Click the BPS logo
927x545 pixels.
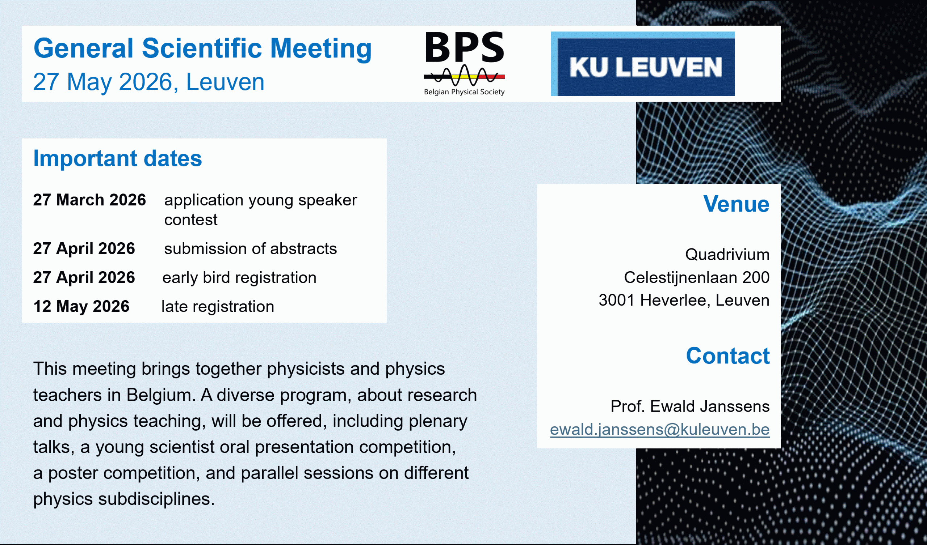pyautogui.click(x=464, y=63)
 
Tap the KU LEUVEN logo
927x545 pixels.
pyautogui.click(x=642, y=64)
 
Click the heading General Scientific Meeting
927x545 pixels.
pyautogui.click(x=202, y=48)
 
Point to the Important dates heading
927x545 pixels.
pyautogui.click(x=118, y=158)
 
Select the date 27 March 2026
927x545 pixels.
pyautogui.click(x=89, y=200)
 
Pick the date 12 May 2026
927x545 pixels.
pyautogui.click(x=81, y=306)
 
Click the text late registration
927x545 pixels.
pyautogui.click(x=218, y=306)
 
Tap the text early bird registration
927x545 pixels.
pyautogui.click(x=239, y=277)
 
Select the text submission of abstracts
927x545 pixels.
pyautogui.click(x=251, y=249)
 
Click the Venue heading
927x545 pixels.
pyautogui.click(x=737, y=204)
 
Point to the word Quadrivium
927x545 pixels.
pyautogui.click(x=727, y=254)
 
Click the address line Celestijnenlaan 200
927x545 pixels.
pyautogui.click(x=697, y=277)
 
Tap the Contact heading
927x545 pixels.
pyautogui.click(x=728, y=356)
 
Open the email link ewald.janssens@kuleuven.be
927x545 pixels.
pyautogui.click(x=660, y=429)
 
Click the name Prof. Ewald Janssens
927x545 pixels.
pyautogui.click(x=690, y=406)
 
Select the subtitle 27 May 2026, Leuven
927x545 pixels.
pyautogui.click(x=148, y=82)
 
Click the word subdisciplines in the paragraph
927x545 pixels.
pyautogui.click(x=156, y=499)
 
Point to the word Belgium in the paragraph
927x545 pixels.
pyautogui.click(x=161, y=395)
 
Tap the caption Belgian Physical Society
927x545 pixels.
pyautogui.click(x=464, y=92)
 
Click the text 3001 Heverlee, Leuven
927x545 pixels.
pyautogui.click(x=684, y=300)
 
